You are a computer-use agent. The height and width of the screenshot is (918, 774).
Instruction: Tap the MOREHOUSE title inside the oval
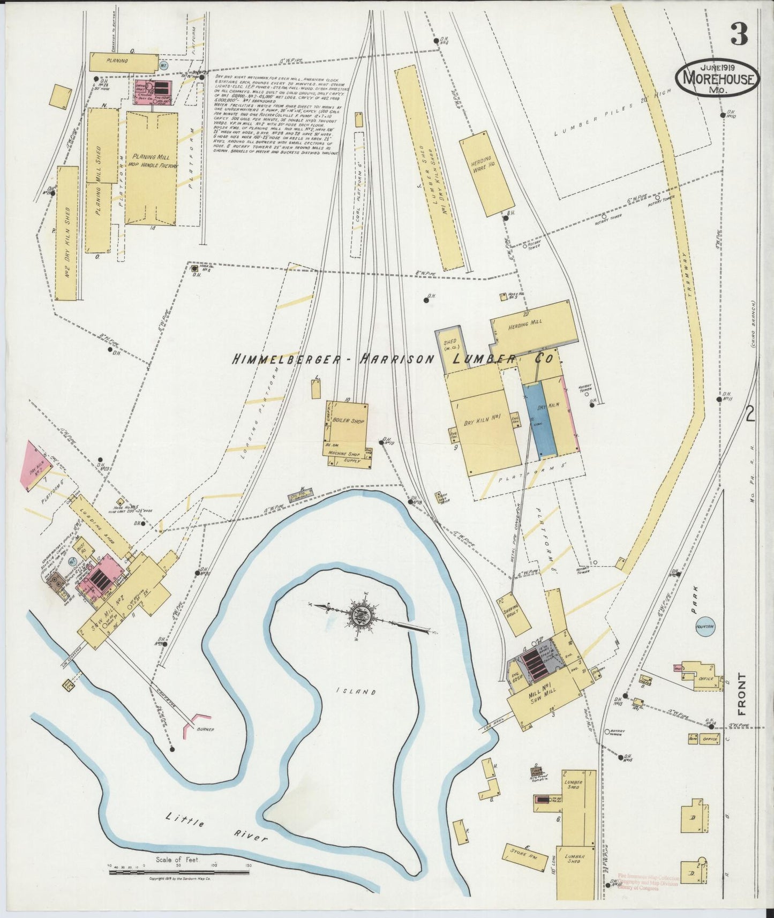click(x=718, y=80)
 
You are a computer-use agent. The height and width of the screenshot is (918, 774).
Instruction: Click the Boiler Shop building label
click(x=348, y=420)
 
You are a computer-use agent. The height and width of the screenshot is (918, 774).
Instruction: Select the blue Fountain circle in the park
click(x=707, y=626)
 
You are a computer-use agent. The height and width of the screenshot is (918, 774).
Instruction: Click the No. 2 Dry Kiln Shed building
click(x=66, y=233)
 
